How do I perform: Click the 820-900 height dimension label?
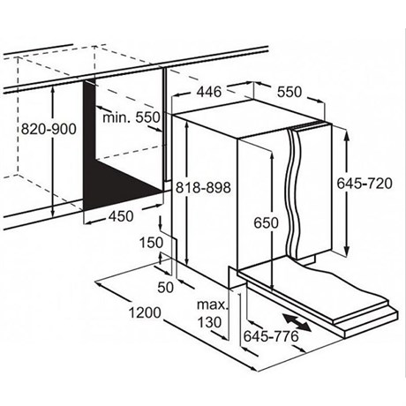49,129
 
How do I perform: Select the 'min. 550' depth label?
132,117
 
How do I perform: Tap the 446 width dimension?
209,92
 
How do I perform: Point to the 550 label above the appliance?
289,92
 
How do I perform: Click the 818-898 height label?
203,187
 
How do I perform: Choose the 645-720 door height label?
365,184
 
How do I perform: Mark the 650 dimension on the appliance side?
266,222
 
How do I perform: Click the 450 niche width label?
121,216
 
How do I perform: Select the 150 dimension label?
151,243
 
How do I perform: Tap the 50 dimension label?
166,287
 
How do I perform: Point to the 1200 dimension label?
145,312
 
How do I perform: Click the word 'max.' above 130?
213,305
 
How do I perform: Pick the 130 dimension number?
209,322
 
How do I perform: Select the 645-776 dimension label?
271,336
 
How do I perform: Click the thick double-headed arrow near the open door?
297,322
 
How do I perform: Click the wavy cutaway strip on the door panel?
294,192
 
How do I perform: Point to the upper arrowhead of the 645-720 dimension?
347,136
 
